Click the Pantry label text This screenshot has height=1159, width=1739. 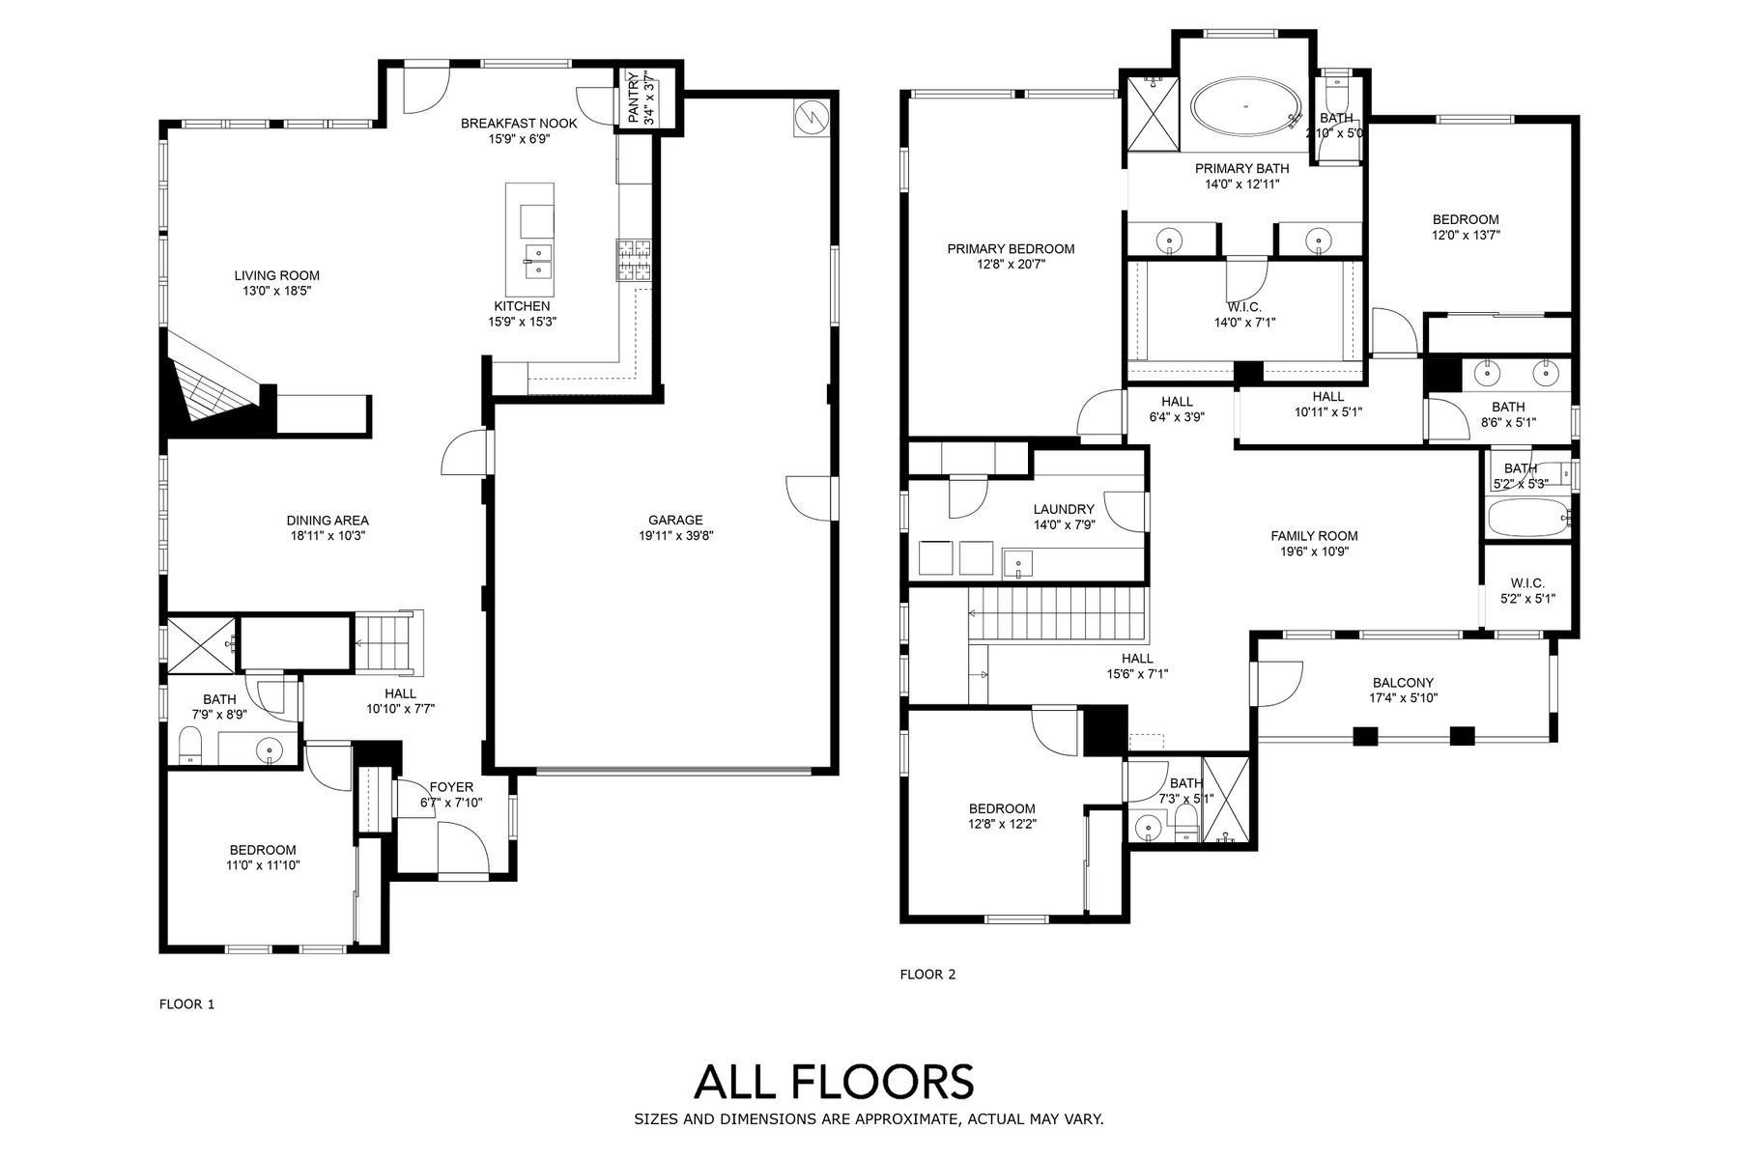(633, 98)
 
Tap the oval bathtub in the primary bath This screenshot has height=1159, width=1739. (1245, 105)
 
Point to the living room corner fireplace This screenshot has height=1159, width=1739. (209, 377)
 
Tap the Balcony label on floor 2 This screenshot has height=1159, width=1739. (1402, 682)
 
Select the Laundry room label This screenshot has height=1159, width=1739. (1064, 509)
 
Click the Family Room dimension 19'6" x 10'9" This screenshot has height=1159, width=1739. (1314, 551)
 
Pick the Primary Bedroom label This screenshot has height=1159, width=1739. (1011, 248)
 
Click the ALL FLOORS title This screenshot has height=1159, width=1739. (834, 1081)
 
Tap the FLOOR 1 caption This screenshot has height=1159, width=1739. (186, 1004)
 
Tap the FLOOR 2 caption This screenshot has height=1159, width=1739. (927, 975)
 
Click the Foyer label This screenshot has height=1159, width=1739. (451, 787)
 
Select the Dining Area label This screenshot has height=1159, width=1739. (328, 520)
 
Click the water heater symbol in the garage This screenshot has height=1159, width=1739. (810, 117)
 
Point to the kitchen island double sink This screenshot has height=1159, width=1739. (538, 261)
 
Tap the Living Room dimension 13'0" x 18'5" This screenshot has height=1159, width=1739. (277, 291)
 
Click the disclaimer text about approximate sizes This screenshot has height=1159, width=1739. (869, 1119)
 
